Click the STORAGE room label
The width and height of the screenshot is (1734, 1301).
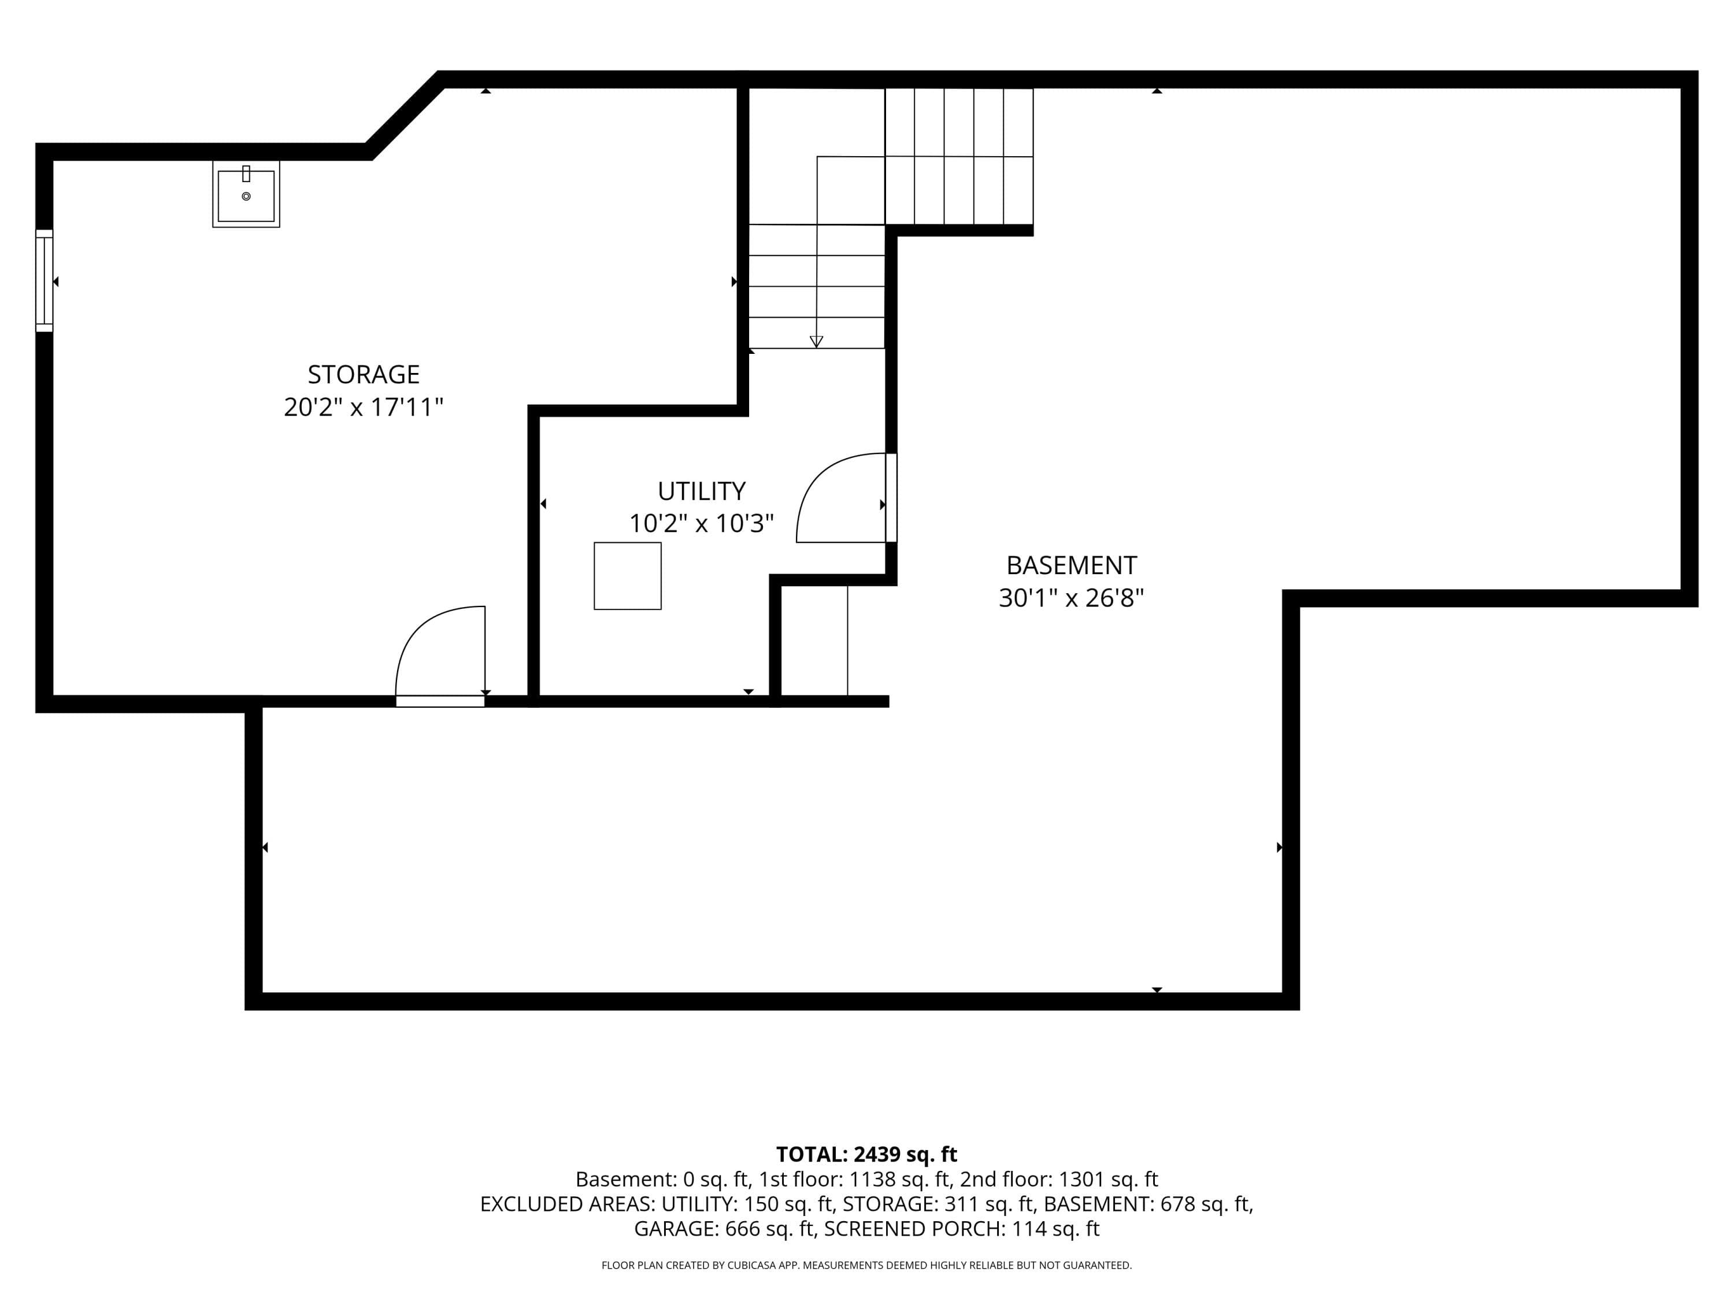364,375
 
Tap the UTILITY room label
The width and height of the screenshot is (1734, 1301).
702,491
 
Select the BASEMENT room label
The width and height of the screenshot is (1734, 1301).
1072,566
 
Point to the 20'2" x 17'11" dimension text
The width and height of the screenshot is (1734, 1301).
364,407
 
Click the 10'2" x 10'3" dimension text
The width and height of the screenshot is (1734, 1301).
702,523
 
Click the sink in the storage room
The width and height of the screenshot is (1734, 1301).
246,194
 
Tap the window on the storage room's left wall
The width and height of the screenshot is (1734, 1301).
45,281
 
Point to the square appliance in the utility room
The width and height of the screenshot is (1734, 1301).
628,575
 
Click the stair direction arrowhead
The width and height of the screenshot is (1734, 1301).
816,342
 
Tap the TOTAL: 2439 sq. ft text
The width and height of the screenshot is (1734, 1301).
866,1154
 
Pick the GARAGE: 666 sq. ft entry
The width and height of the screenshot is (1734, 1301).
724,1229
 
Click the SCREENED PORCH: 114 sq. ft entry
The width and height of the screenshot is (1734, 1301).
962,1229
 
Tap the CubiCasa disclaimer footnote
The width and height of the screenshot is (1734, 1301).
866,1265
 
